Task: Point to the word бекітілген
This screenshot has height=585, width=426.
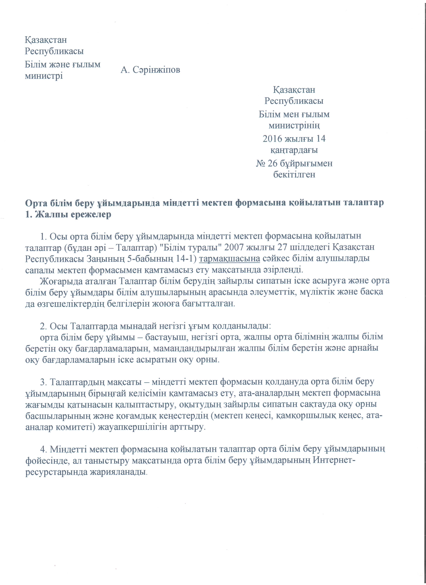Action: pos(294,175)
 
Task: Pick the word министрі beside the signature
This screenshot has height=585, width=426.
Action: pos(44,76)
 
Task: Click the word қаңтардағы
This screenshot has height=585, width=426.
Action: pos(294,150)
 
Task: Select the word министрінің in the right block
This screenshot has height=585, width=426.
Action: pos(294,126)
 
